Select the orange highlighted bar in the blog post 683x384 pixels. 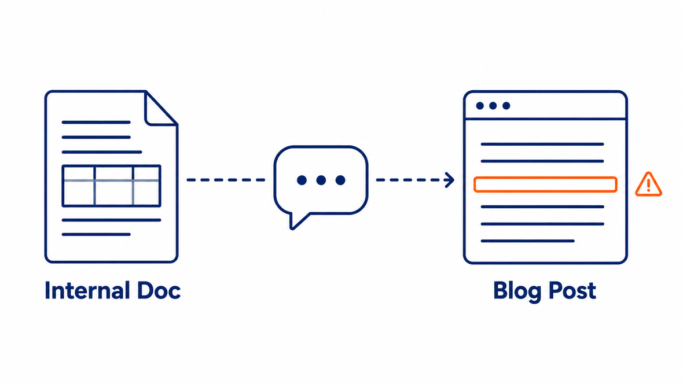[545, 184]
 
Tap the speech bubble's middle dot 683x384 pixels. [321, 180]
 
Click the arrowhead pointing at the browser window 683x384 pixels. [449, 180]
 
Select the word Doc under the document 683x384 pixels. [159, 290]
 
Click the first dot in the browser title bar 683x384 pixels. [480, 106]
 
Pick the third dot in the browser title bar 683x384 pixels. [506, 106]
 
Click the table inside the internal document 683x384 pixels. [112, 186]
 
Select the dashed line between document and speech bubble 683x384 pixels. [226, 180]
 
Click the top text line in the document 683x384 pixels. [96, 123]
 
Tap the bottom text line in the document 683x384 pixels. [96, 235]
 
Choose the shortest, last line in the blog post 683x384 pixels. [527, 241]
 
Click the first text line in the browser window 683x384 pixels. [542, 144]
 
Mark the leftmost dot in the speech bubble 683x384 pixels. [302, 180]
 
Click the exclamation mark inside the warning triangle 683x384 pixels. [649, 186]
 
